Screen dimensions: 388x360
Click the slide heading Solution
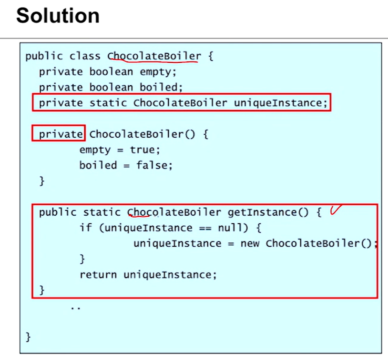tap(58, 16)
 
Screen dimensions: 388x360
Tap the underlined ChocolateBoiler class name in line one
tap(154, 56)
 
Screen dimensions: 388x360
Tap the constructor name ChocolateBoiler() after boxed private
tap(143, 134)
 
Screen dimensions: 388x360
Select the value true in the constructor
tap(143, 150)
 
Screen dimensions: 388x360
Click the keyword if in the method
tap(86, 228)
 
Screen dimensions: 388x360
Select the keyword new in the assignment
tap(250, 243)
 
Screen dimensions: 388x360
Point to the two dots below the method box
tap(75, 308)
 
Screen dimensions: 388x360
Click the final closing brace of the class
tap(28, 337)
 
